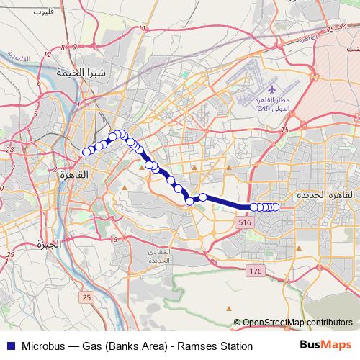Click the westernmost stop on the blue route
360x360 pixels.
pyautogui.click(x=86, y=151)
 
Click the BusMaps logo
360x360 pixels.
pyautogui.click(x=326, y=346)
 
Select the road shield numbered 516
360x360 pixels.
pyautogui.click(x=243, y=225)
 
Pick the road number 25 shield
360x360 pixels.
pyautogui.click(x=86, y=297)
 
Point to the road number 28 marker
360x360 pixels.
pyautogui.click(x=9, y=149)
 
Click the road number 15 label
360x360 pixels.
pyautogui.click(x=284, y=129)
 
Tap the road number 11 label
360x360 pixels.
pyautogui.click(x=143, y=29)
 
